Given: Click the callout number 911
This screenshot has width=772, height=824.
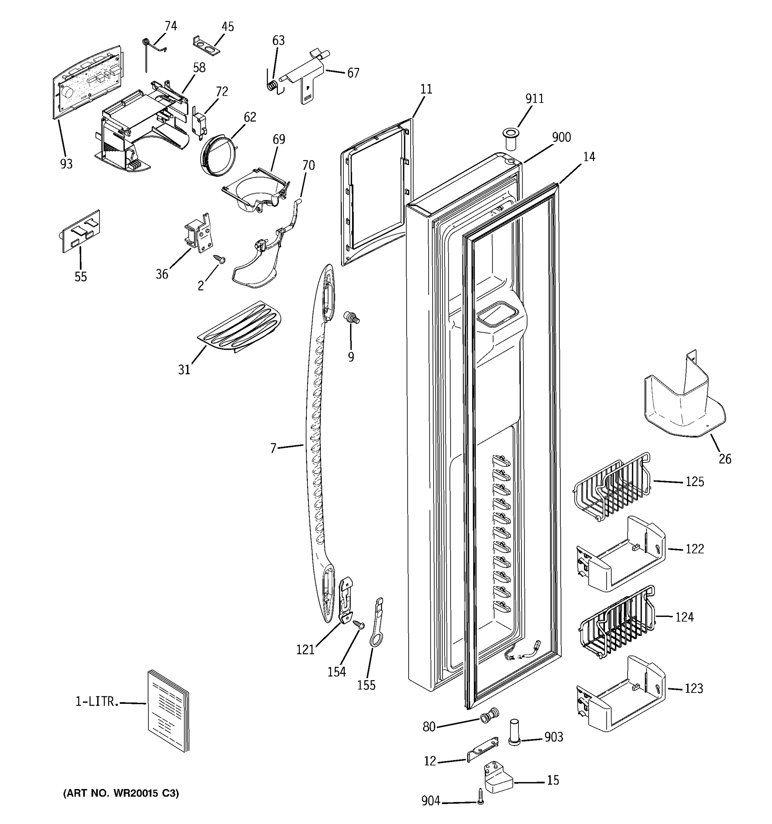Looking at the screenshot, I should tap(534, 99).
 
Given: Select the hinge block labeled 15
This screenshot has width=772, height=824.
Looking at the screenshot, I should tap(498, 778).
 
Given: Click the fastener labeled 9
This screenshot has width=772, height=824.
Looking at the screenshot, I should tap(351, 318).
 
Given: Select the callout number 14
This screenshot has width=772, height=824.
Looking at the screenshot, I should tap(589, 157).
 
